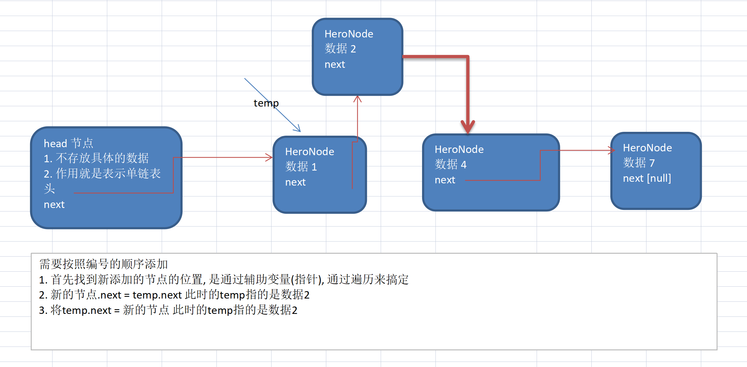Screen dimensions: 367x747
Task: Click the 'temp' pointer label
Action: tap(266, 103)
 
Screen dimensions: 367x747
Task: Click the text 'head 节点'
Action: tap(68, 143)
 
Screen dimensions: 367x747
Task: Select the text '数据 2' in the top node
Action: tap(340, 49)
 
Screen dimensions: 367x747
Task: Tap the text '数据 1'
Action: tap(301, 166)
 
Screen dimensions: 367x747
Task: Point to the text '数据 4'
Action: tap(450, 164)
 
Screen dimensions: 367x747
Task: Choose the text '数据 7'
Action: tap(638, 163)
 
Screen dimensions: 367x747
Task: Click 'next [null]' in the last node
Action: tap(647, 178)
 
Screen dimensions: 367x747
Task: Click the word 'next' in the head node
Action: tap(54, 204)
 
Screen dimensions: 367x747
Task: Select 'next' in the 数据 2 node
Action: tap(335, 64)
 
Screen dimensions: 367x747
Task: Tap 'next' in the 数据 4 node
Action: tap(445, 180)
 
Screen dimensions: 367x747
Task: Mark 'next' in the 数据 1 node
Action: tap(295, 182)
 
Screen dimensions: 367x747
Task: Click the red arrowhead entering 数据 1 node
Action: tap(269, 157)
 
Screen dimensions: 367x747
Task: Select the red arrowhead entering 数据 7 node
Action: tap(612, 150)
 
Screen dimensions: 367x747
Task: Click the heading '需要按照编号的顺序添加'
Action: tap(103, 264)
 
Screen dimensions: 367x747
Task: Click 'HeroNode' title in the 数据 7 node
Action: tap(647, 148)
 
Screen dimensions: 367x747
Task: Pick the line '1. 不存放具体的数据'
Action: tap(96, 158)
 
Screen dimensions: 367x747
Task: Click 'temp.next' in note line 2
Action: tap(157, 295)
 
